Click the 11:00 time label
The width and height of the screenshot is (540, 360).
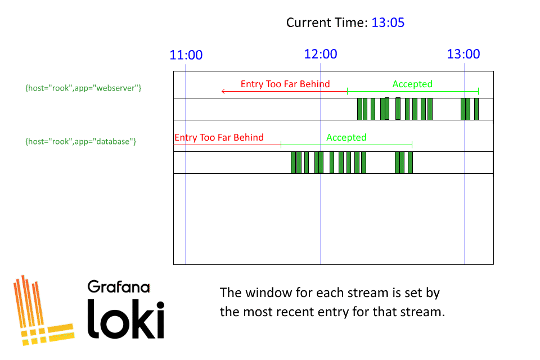coord(186,55)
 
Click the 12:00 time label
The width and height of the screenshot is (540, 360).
coord(320,54)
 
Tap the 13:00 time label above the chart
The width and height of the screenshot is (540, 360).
coord(463,54)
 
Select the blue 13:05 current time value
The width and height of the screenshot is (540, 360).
coord(388,22)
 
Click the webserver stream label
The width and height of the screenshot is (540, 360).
coord(83,88)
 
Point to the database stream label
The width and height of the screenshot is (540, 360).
coord(81,142)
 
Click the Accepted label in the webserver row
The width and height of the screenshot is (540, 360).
coord(412,84)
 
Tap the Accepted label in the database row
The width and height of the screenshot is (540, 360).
coord(346,137)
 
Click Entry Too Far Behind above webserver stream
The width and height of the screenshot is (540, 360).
coord(285,84)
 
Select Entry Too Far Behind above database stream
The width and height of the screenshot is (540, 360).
coord(219,137)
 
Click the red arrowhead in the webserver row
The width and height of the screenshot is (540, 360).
coord(223,91)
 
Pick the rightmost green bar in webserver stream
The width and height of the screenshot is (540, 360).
coord(476,109)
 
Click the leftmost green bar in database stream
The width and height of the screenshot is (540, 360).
coord(293,163)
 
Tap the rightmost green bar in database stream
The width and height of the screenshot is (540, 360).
coord(410,163)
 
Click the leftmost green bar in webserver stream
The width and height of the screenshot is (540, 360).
coord(359,109)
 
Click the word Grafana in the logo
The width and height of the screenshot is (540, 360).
coord(119,287)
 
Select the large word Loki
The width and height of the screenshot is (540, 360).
coord(125,319)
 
